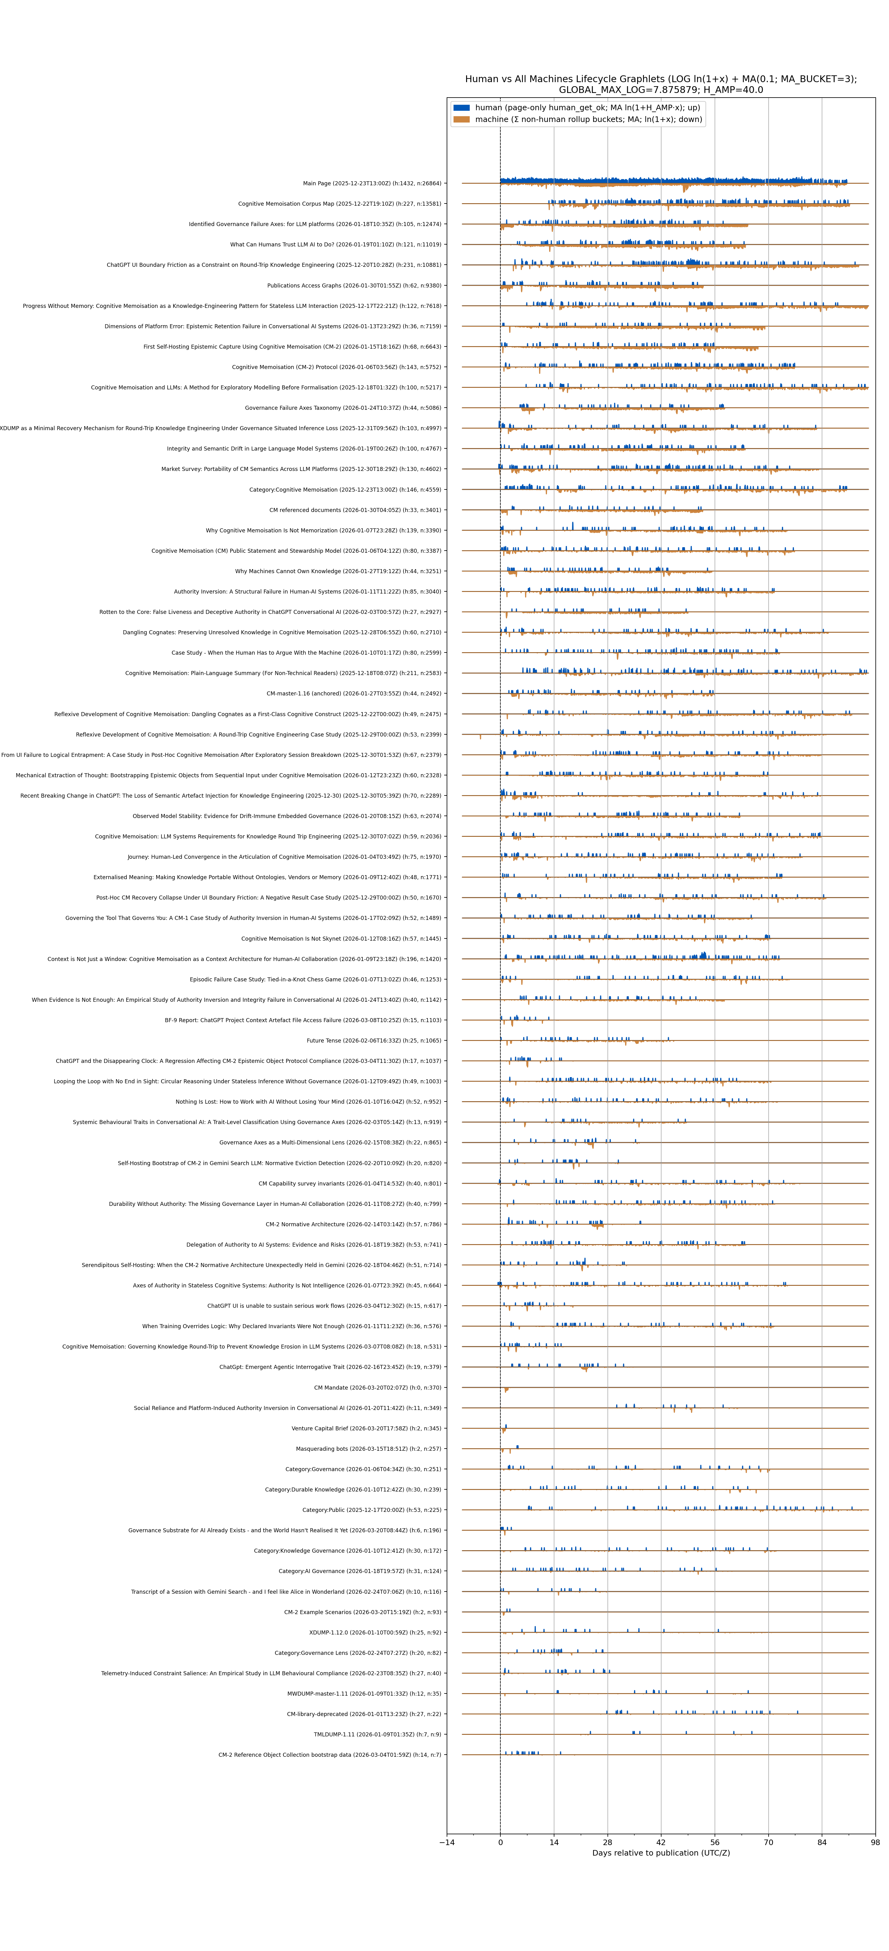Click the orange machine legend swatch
(x=461, y=120)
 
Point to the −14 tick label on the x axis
(x=447, y=1843)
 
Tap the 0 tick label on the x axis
(x=501, y=1843)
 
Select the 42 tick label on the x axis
(x=661, y=1843)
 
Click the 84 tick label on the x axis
(x=822, y=1843)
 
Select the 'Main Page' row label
(x=372, y=183)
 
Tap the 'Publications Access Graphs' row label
(x=354, y=286)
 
